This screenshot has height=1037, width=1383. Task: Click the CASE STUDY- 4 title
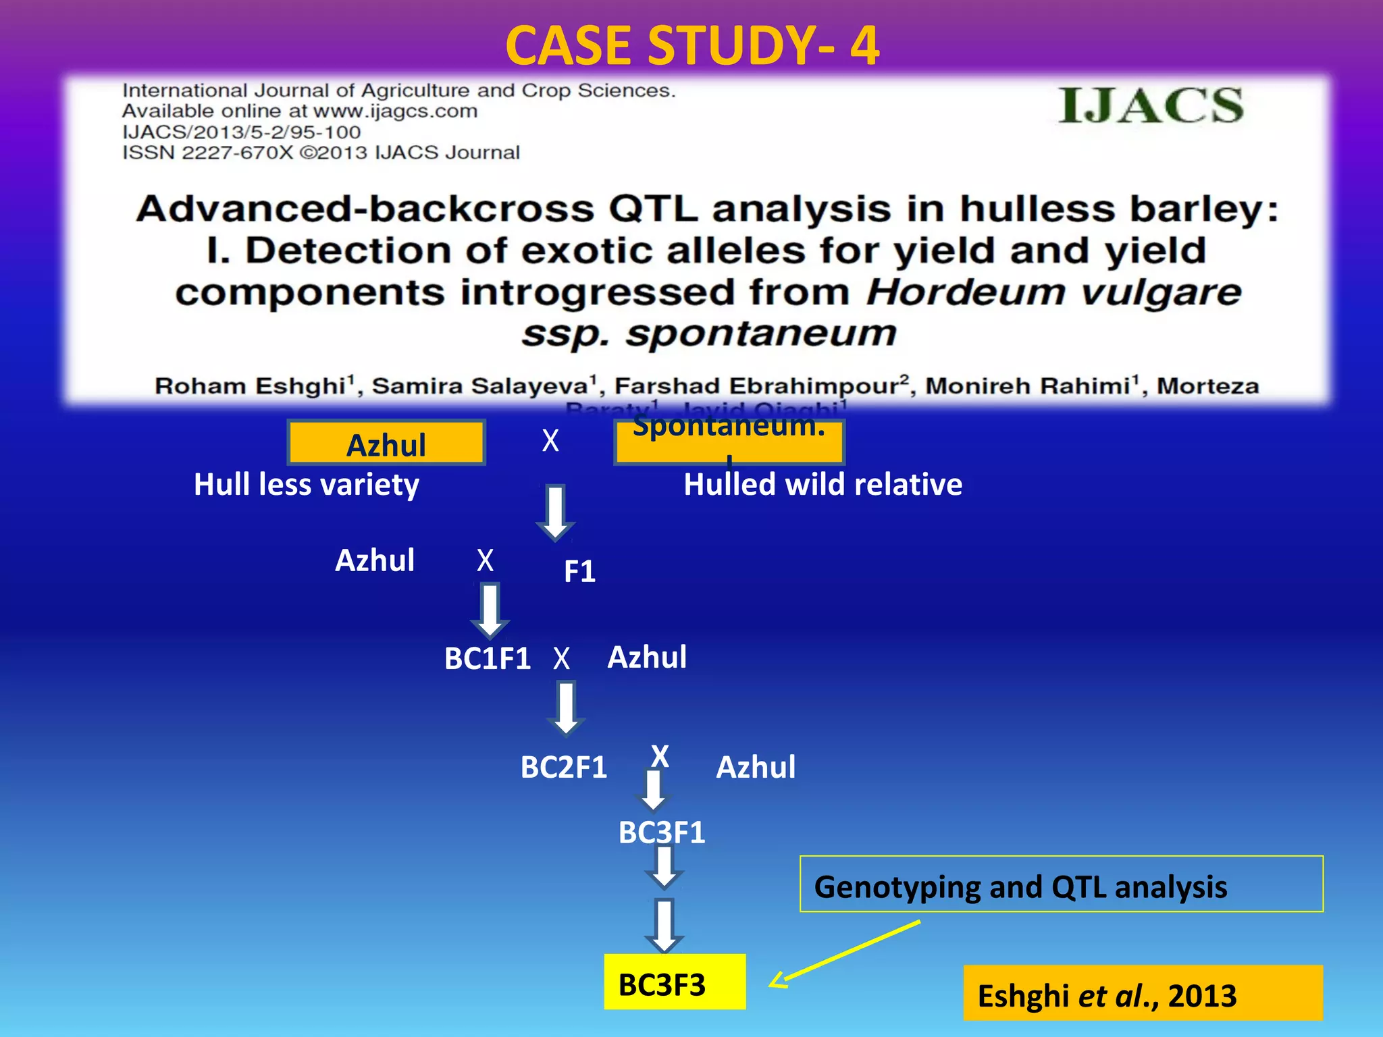691,46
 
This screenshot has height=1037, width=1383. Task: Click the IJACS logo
1150,106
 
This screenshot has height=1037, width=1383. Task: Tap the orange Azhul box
386,444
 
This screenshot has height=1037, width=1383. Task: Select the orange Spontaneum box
729,440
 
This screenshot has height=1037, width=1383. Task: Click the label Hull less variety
306,485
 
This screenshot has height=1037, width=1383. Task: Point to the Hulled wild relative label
823,485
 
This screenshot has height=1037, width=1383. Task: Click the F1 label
579,572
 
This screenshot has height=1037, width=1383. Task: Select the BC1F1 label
487,658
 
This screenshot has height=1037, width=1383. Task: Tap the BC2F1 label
563,768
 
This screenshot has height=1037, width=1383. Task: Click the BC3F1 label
661,832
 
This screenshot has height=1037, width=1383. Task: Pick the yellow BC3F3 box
674,982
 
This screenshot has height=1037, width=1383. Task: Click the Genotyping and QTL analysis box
1060,884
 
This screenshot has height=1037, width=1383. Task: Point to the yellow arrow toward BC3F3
844,954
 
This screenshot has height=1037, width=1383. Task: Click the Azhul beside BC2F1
755,768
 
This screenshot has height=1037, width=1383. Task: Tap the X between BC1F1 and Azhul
561,659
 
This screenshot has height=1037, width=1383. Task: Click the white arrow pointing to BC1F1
490,610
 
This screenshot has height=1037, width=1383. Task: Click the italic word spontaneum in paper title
760,334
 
